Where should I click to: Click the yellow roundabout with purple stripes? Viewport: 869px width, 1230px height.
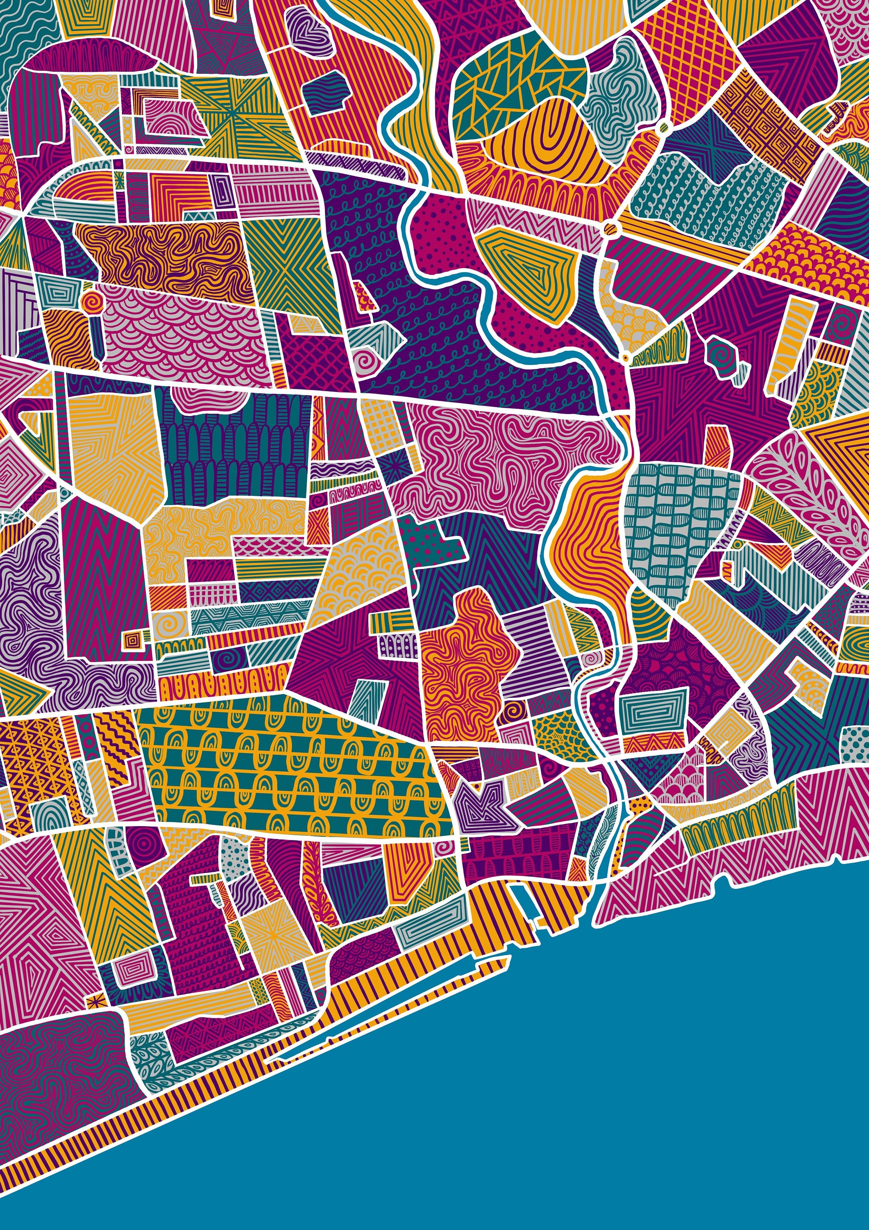point(610,229)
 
